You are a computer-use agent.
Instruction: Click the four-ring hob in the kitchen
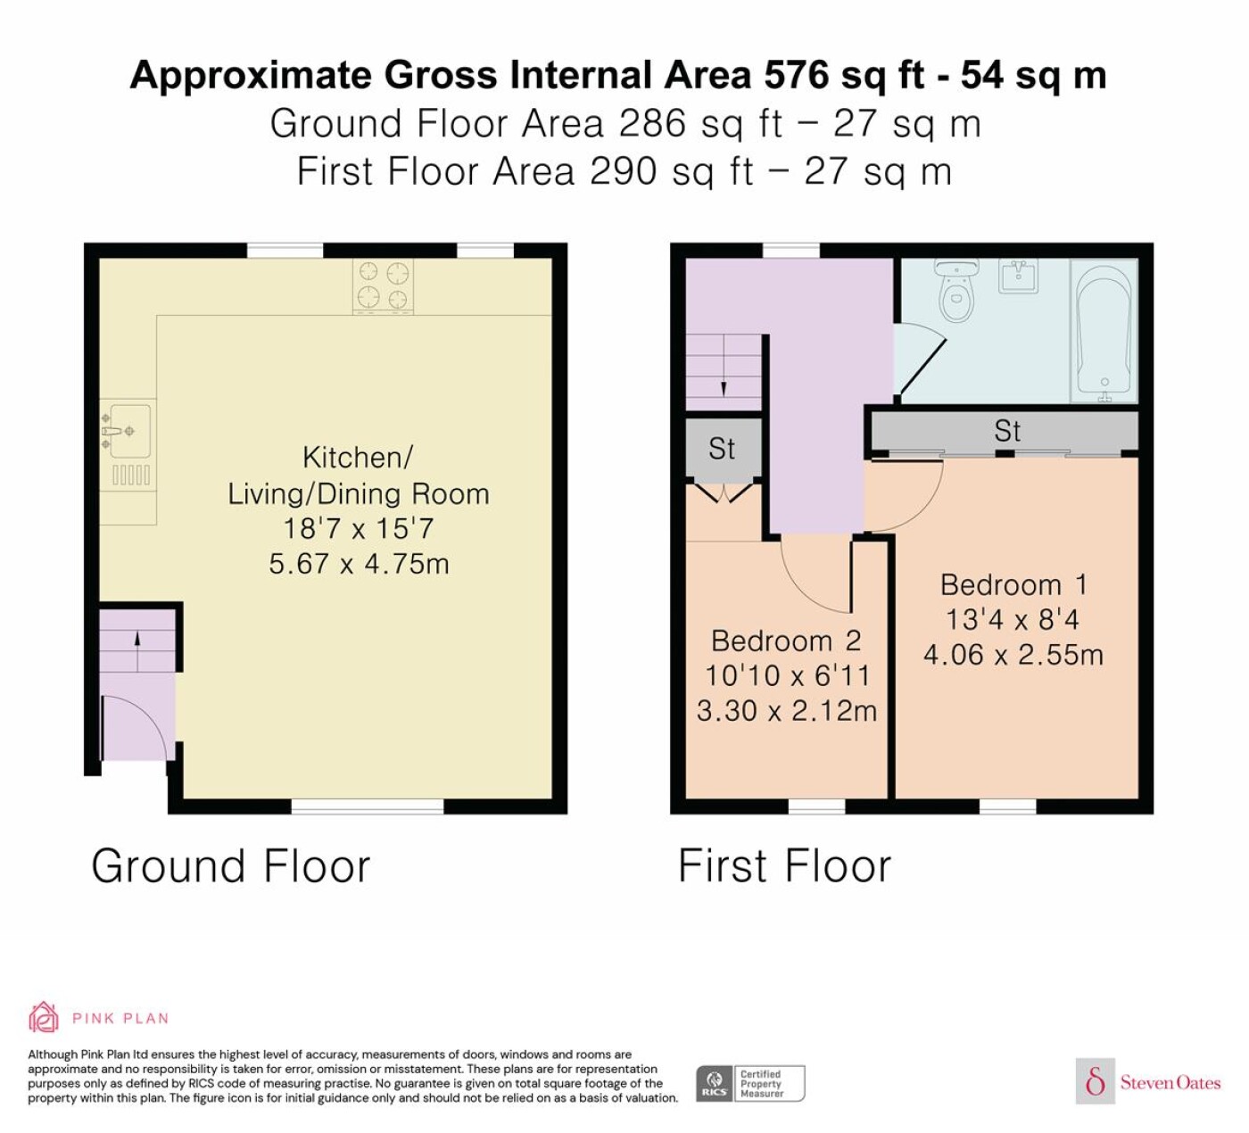[383, 286]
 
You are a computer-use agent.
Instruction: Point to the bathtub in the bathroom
[1104, 331]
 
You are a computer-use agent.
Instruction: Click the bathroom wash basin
[1019, 276]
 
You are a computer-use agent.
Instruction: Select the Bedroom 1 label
[1013, 585]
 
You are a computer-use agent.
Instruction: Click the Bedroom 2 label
[786, 641]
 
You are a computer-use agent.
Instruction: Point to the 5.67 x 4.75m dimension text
[359, 564]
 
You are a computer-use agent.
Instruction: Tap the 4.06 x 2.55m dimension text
[1013, 655]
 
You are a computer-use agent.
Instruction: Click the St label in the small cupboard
[722, 449]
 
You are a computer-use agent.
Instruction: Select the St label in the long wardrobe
[1007, 431]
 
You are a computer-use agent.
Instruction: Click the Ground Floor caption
[231, 865]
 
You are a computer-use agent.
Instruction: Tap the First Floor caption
[784, 865]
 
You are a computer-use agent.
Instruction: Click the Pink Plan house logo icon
[44, 1018]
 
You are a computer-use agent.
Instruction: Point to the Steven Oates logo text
[1170, 1082]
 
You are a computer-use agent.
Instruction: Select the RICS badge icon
[714, 1083]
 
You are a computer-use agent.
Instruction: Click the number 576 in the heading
[797, 75]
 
